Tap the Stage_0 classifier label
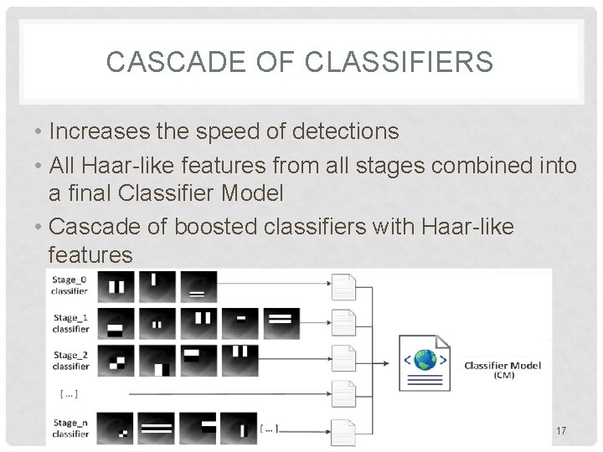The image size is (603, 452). click(x=70, y=285)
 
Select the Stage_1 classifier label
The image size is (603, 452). click(x=70, y=324)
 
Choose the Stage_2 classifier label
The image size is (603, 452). click(x=70, y=361)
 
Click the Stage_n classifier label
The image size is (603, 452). click(x=70, y=429)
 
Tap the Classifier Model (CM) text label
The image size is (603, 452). click(x=502, y=369)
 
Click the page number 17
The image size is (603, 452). click(x=561, y=431)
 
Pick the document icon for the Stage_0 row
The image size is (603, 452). click(x=343, y=287)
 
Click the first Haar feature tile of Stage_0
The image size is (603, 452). click(x=115, y=287)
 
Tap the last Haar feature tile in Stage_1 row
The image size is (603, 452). click(x=282, y=322)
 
